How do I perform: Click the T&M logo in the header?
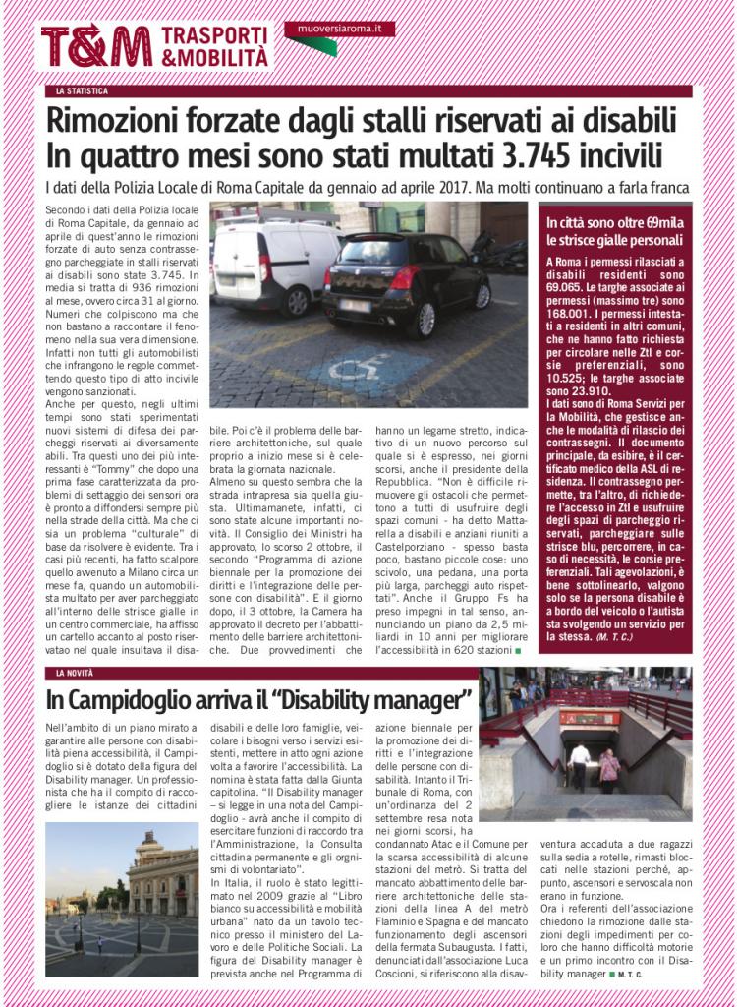(96, 45)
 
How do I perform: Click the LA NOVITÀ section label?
(78, 674)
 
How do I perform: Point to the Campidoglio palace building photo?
(121, 899)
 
